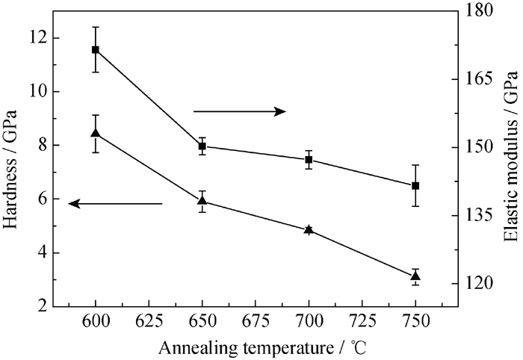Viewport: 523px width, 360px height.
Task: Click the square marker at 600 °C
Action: pos(96,49)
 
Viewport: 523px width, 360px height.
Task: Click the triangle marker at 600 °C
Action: pos(96,133)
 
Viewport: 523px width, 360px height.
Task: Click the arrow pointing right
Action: pos(239,111)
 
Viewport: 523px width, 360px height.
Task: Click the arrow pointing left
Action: pos(115,203)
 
